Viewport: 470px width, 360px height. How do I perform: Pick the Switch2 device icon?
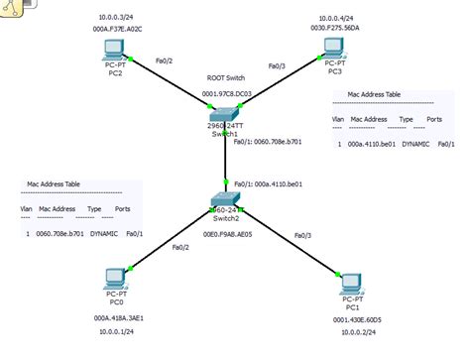tap(226, 200)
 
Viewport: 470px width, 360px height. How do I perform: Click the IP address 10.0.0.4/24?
tap(339, 17)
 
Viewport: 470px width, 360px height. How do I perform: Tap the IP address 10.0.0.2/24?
tap(358, 334)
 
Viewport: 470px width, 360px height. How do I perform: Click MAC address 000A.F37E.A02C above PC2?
tap(119, 29)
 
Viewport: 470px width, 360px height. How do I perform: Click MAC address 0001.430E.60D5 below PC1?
tap(358, 319)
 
